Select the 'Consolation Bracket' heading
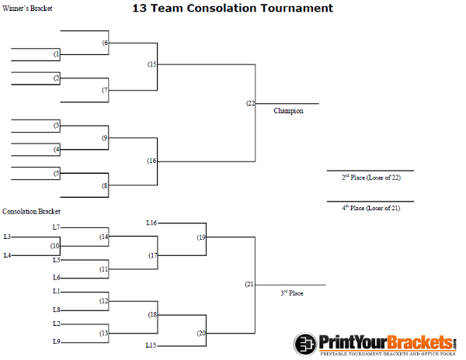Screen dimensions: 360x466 tap(31, 211)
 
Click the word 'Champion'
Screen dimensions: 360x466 tap(288, 111)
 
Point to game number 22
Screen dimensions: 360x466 tap(250, 103)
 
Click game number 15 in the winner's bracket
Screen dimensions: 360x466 tap(152, 64)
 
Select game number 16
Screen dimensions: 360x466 tap(152, 161)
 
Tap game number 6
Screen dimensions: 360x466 tap(105, 43)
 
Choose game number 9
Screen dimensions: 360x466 tap(105, 138)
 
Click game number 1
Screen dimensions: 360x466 tap(57, 54)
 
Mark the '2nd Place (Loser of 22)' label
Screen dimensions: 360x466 tap(371, 178)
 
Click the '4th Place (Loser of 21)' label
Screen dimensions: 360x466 tap(371, 208)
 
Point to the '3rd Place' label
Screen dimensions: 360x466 tap(292, 293)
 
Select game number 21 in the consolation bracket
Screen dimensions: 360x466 tap(249, 285)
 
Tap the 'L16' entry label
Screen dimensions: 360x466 tap(151, 223)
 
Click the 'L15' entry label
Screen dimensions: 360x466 tap(151, 344)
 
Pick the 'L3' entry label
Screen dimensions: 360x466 tap(7, 237)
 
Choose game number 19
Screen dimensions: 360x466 tap(201, 237)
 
